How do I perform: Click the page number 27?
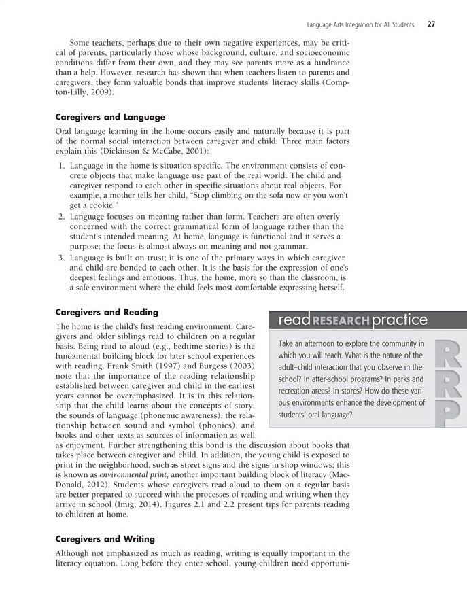pyautogui.click(x=431, y=25)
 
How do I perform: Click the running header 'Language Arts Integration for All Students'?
pyautogui.click(x=360, y=25)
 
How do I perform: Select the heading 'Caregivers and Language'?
pyautogui.click(x=110, y=117)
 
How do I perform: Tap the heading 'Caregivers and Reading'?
pyautogui.click(x=106, y=312)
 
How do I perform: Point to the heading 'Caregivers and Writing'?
pyautogui.click(x=105, y=539)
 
